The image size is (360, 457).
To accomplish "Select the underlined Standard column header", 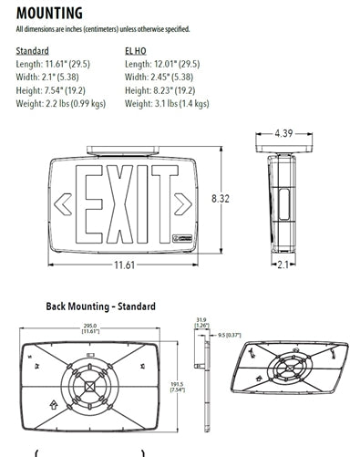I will tap(33, 51).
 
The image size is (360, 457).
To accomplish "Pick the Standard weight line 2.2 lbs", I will tap(61, 104).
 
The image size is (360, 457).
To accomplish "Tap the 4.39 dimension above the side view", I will tap(286, 134).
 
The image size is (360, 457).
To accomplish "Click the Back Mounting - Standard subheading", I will tap(100, 306).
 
